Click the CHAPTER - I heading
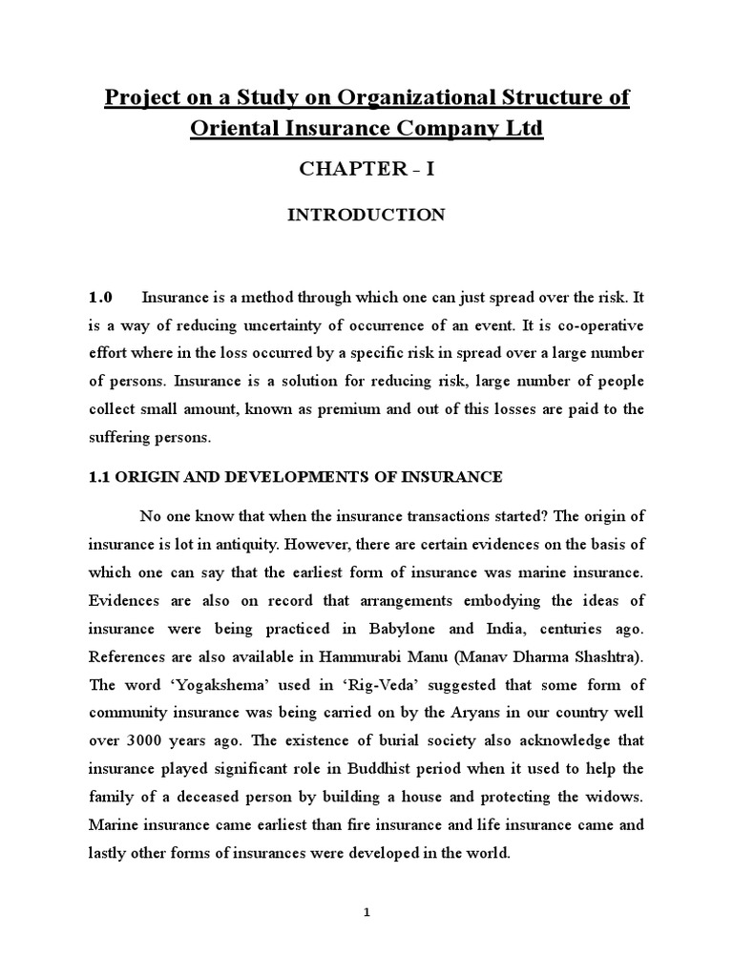[366, 170]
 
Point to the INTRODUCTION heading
[366, 215]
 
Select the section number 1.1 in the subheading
[99, 475]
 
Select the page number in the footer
[366, 913]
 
